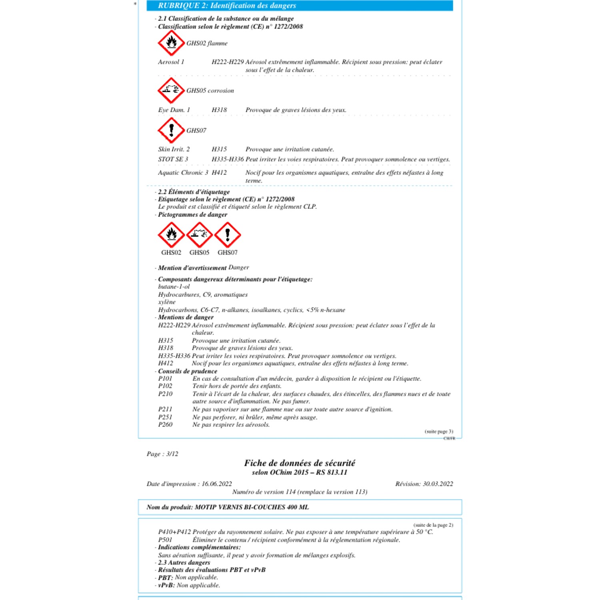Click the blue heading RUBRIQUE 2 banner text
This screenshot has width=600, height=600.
click(x=227, y=6)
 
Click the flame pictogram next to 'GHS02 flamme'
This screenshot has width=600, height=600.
click(x=171, y=42)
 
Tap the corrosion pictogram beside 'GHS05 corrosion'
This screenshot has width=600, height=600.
click(x=171, y=90)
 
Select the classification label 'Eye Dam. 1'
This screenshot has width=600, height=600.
click(x=174, y=110)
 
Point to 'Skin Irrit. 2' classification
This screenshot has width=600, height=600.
click(x=174, y=149)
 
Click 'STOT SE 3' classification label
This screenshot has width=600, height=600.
click(x=173, y=159)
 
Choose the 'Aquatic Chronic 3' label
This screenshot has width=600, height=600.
click(x=183, y=173)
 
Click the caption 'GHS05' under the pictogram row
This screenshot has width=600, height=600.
click(x=199, y=252)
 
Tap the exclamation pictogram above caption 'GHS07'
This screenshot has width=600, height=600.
click(x=228, y=234)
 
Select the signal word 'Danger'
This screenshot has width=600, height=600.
click(x=239, y=267)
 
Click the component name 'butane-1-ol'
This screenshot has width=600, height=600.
click(x=174, y=287)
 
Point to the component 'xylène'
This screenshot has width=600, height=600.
click(x=167, y=302)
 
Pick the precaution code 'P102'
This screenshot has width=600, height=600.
click(x=165, y=386)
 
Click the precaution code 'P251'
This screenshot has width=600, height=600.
click(x=165, y=417)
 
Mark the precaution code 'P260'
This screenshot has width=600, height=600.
click(x=165, y=424)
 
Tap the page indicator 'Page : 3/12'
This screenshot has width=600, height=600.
click(x=162, y=454)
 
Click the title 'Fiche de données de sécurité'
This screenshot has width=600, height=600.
click(x=300, y=463)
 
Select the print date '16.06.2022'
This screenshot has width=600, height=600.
click(x=216, y=484)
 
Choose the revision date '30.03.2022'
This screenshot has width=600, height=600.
click(x=438, y=484)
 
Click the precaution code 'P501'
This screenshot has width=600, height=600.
click(x=165, y=540)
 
